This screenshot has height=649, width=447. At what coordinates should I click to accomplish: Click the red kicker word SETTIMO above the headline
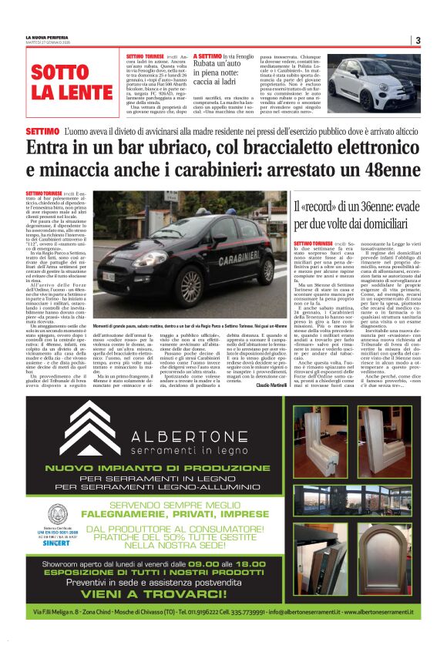pyautogui.click(x=42, y=132)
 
